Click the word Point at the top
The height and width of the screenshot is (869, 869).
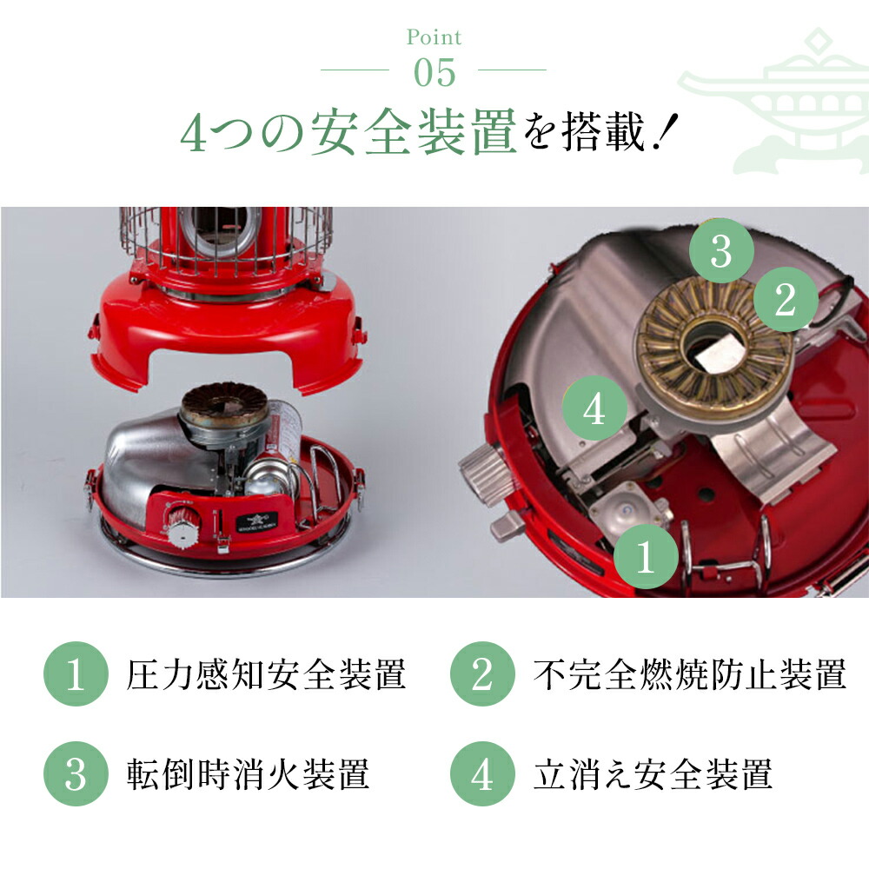click(434, 37)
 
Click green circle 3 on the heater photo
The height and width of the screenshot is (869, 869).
click(721, 252)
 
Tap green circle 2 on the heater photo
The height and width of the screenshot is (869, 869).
click(785, 301)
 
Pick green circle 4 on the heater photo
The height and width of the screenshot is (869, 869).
click(594, 408)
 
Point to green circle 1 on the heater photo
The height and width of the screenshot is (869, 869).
click(645, 558)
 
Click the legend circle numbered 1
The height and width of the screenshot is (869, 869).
click(76, 675)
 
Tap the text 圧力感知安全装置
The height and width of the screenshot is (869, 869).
click(266, 675)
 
